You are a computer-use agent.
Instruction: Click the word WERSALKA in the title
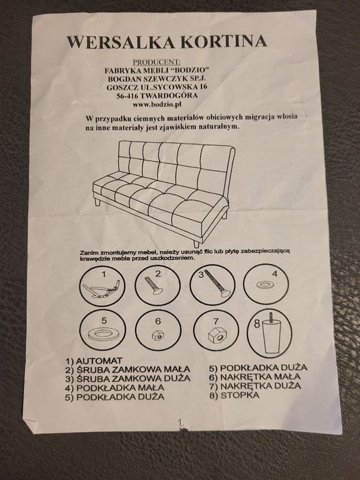[x=110, y=42]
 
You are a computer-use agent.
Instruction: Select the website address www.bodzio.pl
[x=156, y=105]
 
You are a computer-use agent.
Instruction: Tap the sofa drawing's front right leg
[x=197, y=242]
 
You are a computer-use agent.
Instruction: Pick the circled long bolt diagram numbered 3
[x=213, y=284]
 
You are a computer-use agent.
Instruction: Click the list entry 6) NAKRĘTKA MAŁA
[x=254, y=376]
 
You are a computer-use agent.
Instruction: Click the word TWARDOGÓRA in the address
[x=169, y=97]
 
